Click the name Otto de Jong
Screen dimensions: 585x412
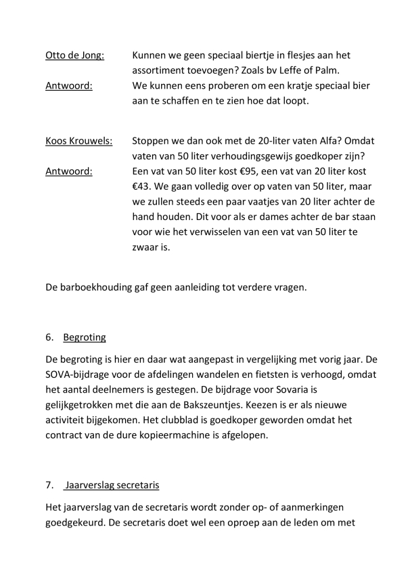(x=75, y=56)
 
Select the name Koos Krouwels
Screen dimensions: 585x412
(x=79, y=140)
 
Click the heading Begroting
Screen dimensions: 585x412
(x=85, y=337)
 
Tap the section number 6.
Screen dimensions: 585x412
(x=49, y=337)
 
